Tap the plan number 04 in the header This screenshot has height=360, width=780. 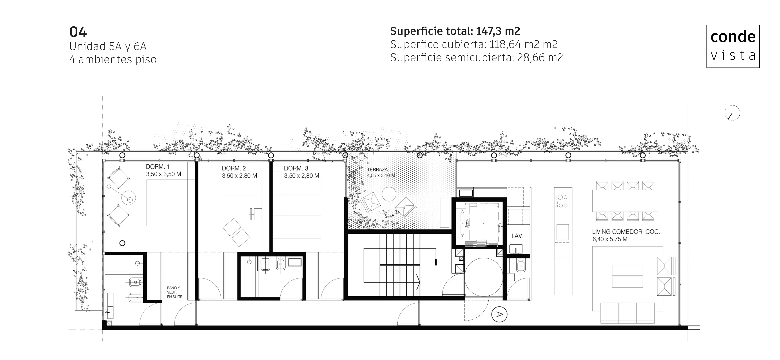pyautogui.click(x=78, y=32)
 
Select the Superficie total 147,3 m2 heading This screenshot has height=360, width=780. pyautogui.click(x=455, y=31)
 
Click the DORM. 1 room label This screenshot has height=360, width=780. pyautogui.click(x=158, y=167)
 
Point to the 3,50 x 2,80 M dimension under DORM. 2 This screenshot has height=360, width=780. pyautogui.click(x=239, y=176)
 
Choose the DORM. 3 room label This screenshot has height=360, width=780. pyautogui.click(x=296, y=168)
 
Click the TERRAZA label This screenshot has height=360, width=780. pyautogui.click(x=377, y=169)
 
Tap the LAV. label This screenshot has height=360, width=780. pyautogui.click(x=517, y=236)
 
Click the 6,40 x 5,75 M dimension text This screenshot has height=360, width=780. pyautogui.click(x=610, y=239)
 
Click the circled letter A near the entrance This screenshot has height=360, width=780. pyautogui.click(x=499, y=315)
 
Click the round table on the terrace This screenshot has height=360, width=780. pyautogui.click(x=389, y=194)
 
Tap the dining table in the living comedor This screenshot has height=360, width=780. pyautogui.click(x=625, y=201)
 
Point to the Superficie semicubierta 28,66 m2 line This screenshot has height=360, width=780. pyautogui.click(x=476, y=57)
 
